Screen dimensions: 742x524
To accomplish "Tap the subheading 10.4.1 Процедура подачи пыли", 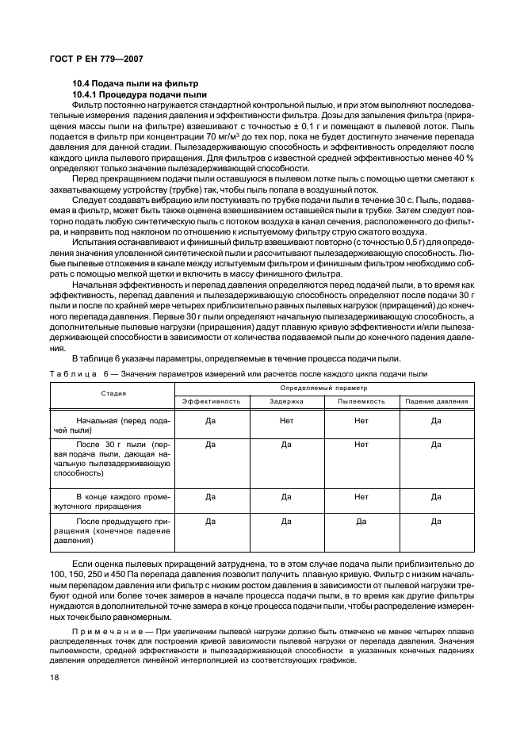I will point(139,94).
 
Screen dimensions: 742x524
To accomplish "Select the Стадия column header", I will point(113,393).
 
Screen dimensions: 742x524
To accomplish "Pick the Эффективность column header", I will point(212,401).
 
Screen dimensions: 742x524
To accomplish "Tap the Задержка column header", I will point(286,401).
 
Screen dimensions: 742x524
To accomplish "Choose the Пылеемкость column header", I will point(361,401).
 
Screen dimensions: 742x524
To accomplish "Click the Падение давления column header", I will point(436,401).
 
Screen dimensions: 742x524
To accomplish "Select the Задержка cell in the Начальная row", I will point(286,421).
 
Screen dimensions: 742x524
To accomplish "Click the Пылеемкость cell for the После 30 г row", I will point(361,445).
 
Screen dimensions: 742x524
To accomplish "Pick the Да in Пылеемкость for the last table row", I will point(361,522).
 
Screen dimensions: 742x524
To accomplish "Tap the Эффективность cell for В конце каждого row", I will point(212,497).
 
